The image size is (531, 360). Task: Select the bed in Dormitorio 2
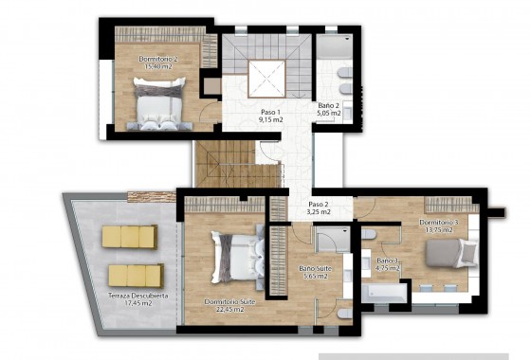[157, 102]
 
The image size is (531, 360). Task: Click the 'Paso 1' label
[270, 111]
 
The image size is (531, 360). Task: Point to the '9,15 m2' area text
[270, 120]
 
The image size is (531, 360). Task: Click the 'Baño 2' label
[328, 106]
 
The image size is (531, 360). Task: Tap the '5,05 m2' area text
[328, 115]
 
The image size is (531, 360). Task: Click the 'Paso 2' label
[319, 205]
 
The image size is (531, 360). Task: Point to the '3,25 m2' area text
[319, 213]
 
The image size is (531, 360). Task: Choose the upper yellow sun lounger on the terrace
[130, 238]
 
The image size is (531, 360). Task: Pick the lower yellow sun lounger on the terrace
[134, 275]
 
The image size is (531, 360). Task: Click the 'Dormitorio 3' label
[439, 223]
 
